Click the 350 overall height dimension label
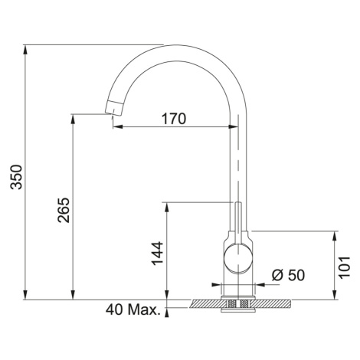tap(16, 177)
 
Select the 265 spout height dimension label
tap(64, 210)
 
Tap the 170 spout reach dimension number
tap(174, 119)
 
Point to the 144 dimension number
tap(157, 254)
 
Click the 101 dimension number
tap(344, 267)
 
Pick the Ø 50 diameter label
tap(288, 275)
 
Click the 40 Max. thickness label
tap(133, 310)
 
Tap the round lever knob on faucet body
tap(238, 258)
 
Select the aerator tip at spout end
tap(114, 108)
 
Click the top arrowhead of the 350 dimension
tap(25, 49)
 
